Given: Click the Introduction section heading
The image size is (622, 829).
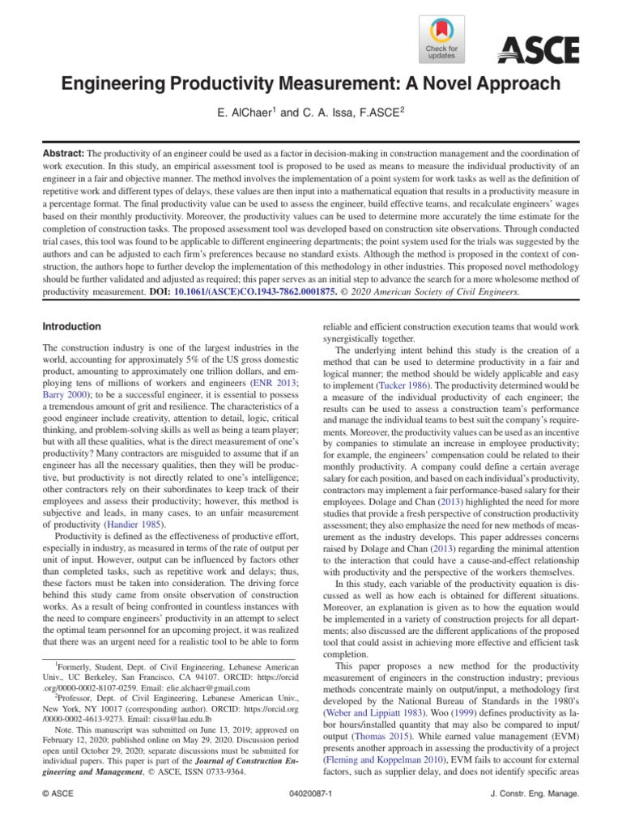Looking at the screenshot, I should click(x=71, y=326).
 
